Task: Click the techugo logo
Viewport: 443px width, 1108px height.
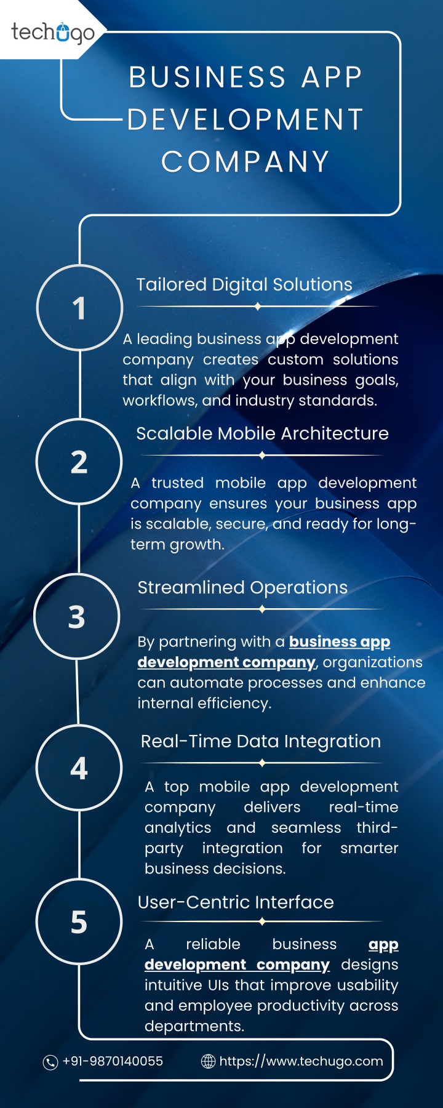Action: (x=53, y=32)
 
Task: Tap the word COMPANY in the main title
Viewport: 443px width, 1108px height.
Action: (x=245, y=162)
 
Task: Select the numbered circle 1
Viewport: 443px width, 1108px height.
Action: (x=80, y=308)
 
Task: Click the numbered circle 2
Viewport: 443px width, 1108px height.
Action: (x=79, y=462)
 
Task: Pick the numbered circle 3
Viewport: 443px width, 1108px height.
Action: (x=77, y=616)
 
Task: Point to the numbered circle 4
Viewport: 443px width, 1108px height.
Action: (x=79, y=768)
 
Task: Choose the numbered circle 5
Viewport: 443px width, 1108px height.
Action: (x=79, y=921)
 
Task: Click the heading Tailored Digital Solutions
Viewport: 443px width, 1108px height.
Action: (x=244, y=285)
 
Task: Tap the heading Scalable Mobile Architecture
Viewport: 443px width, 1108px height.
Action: (x=262, y=433)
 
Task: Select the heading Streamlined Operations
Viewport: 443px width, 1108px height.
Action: (x=242, y=588)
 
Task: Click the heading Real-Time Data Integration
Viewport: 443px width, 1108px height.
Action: (x=261, y=742)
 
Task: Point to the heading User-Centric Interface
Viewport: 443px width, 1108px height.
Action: (x=236, y=902)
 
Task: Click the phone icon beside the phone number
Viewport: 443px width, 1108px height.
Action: (x=50, y=1062)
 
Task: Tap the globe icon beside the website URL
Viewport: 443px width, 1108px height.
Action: (x=209, y=1061)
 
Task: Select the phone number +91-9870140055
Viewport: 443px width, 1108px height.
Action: (x=113, y=1061)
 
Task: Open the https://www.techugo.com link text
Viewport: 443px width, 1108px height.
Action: (x=301, y=1061)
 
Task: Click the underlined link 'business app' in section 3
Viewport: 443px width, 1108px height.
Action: (x=340, y=642)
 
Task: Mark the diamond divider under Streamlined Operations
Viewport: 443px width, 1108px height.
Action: (x=262, y=609)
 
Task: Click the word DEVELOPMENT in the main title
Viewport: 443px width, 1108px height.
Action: (x=245, y=119)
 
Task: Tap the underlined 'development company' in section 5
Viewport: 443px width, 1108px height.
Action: (x=237, y=965)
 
